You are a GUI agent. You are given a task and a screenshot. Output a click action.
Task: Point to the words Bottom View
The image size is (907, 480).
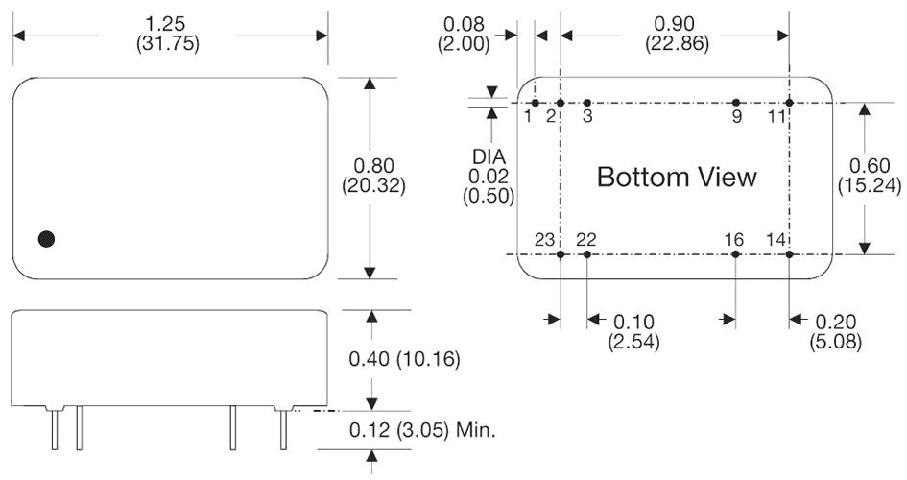pos(677,178)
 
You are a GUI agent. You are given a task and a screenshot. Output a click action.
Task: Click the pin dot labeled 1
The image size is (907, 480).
pos(535,102)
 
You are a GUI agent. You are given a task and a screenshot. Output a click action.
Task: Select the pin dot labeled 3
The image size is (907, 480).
pos(587,102)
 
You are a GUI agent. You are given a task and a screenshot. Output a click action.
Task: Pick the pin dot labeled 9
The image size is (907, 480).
pos(736,102)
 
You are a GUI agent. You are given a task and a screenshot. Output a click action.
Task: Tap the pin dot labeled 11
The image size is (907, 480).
pos(789,102)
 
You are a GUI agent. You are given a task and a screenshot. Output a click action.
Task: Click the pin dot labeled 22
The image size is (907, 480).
pos(587,254)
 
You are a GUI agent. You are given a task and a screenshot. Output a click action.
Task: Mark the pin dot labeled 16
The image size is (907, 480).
pos(735,254)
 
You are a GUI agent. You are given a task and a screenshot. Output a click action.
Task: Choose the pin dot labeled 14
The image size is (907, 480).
pos(789,254)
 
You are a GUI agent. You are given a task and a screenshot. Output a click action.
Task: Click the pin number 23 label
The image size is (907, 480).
pos(544,239)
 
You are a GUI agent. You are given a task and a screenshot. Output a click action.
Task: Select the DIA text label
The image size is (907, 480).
pos(491,156)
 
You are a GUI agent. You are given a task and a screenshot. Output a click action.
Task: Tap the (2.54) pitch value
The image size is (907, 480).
pos(633,341)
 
